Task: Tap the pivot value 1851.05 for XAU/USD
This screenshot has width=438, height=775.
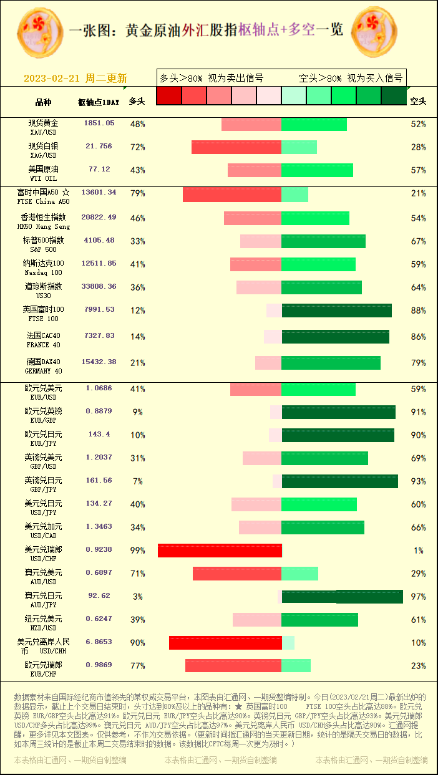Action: (x=99, y=123)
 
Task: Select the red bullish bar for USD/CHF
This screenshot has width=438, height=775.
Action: (x=220, y=551)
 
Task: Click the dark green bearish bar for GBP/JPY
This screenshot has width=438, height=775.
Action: (x=339, y=481)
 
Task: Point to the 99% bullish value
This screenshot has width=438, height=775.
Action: (x=137, y=551)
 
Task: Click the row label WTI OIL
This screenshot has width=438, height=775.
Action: (x=43, y=178)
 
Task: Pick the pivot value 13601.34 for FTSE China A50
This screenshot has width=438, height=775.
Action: (x=99, y=193)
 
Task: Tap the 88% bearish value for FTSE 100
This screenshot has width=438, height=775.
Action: (x=418, y=310)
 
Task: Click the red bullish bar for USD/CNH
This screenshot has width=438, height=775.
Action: (x=225, y=643)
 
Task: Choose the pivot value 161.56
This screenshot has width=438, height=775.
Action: (x=99, y=481)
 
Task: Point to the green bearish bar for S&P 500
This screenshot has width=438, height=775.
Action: (x=323, y=241)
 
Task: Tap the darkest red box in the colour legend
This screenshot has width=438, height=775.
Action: (x=168, y=95)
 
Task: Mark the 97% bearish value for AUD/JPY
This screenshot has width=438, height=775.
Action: (x=418, y=597)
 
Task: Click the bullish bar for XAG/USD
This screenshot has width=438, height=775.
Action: (x=236, y=147)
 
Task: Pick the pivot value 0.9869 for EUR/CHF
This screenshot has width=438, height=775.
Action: (x=99, y=665)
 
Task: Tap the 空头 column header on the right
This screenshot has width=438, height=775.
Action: (x=418, y=101)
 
